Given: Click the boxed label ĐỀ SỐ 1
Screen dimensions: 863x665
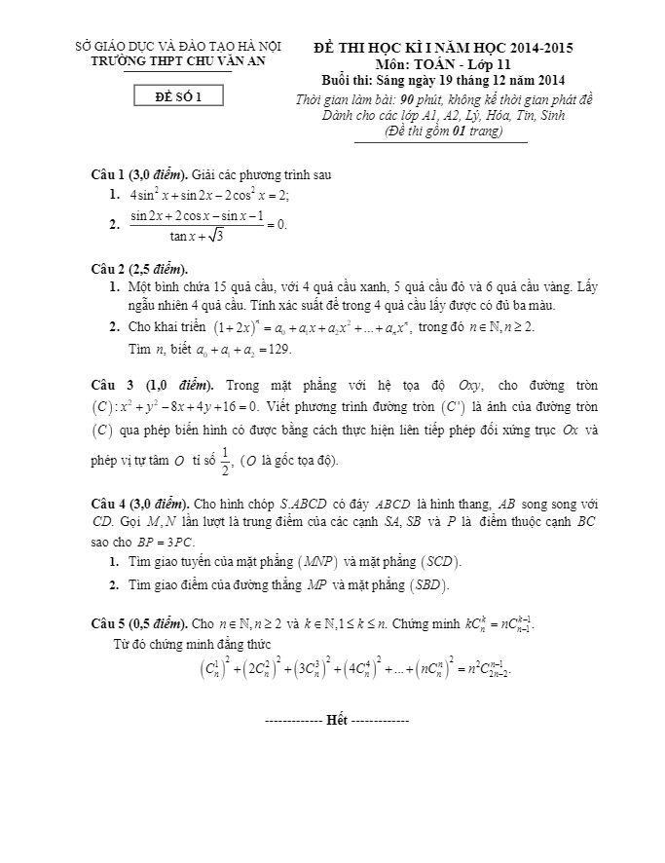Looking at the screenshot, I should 179,95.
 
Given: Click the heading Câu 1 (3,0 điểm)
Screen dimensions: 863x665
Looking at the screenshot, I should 138,174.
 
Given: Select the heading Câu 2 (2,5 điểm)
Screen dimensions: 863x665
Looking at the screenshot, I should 138,269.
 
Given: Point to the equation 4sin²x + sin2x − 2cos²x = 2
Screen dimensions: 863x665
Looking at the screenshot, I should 209,195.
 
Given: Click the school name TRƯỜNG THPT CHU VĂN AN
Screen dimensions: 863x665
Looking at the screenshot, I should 178,60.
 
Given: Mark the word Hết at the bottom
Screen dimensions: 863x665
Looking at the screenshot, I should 337,720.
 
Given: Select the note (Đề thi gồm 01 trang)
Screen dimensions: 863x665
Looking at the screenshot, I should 440,131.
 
